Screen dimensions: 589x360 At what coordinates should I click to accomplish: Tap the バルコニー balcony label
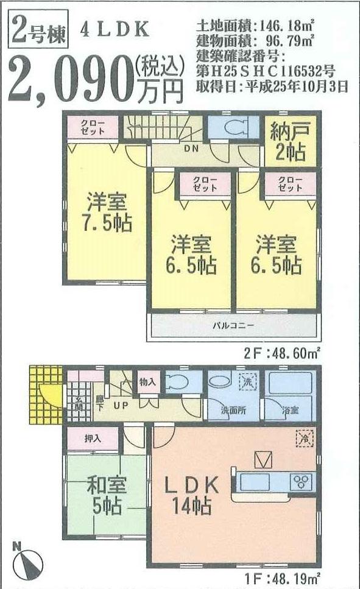tap(233, 325)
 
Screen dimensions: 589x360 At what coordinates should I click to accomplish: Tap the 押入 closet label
tap(92, 438)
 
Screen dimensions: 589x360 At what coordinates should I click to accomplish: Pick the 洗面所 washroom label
tap(233, 410)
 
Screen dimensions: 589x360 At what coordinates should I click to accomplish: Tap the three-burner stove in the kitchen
tap(302, 481)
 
